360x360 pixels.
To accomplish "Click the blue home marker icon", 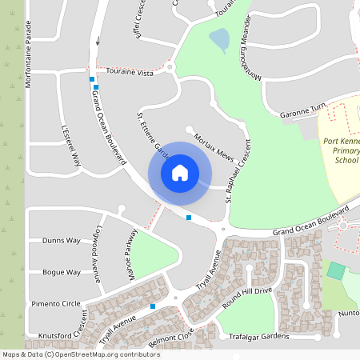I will point(180,172).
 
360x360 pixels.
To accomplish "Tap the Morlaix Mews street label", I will point(214,146).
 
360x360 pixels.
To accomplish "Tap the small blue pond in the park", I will point(218,38).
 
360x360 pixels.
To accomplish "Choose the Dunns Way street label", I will point(62,240).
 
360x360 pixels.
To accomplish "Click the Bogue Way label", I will point(62,272).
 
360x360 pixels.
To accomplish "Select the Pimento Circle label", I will point(55,304).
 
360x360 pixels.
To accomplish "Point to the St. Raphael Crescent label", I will point(238,171).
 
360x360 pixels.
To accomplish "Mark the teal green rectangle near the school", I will point(336,270).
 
